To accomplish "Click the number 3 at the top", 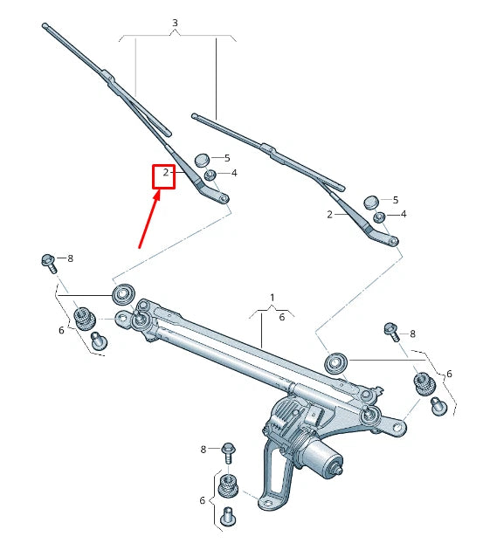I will click(x=175, y=22).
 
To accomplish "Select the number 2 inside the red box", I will click(x=165, y=173).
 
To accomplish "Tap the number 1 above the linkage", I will click(x=272, y=298).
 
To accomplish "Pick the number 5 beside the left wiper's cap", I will click(x=226, y=158).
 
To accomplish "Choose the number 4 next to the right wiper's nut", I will click(x=403, y=214).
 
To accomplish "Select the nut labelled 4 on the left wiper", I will click(x=210, y=175).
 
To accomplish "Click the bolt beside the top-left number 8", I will click(x=48, y=260).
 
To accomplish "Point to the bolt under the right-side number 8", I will click(x=390, y=332).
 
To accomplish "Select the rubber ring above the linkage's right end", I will click(x=335, y=361).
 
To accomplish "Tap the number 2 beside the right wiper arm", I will click(x=329, y=214).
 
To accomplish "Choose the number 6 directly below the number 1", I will click(x=282, y=318).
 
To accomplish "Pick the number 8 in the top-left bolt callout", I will click(x=70, y=258).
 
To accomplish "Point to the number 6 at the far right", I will click(x=449, y=374).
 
